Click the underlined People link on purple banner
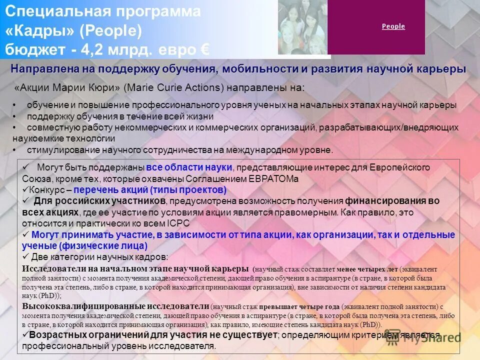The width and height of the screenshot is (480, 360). pyautogui.click(x=393, y=26)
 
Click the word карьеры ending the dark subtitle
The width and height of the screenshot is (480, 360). pyautogui.click(x=441, y=69)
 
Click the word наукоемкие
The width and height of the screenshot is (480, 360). pyautogui.click(x=37, y=138)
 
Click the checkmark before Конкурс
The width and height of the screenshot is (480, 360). pyautogui.click(x=26, y=190)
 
